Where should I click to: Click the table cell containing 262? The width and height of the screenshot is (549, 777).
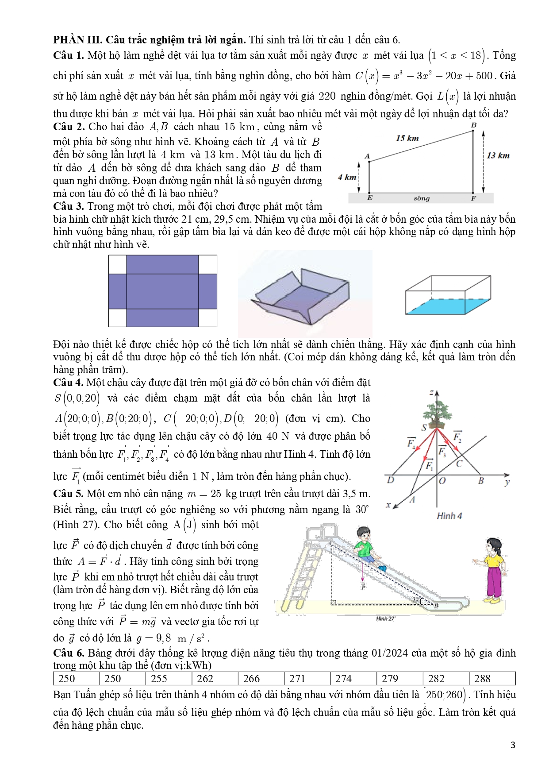205,679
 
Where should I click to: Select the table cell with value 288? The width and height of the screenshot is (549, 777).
482,679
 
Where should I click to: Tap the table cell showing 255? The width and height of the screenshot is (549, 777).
159,679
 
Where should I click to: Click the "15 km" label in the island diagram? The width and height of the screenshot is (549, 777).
407,138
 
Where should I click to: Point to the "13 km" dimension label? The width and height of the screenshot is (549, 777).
498,155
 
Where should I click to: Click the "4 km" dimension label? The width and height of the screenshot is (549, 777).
347,177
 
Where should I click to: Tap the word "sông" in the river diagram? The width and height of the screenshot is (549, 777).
422,198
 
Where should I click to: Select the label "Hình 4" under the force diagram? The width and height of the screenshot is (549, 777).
449,516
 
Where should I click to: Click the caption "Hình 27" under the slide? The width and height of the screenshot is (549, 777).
385,619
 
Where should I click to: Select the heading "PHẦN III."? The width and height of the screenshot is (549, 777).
77,40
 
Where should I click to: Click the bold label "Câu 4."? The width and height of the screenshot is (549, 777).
68,383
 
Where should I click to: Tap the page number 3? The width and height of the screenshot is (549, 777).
513,745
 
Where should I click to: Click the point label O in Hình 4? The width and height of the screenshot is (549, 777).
442,481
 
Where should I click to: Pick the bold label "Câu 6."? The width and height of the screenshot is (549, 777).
69,653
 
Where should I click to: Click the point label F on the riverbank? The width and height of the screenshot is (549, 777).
473,198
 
